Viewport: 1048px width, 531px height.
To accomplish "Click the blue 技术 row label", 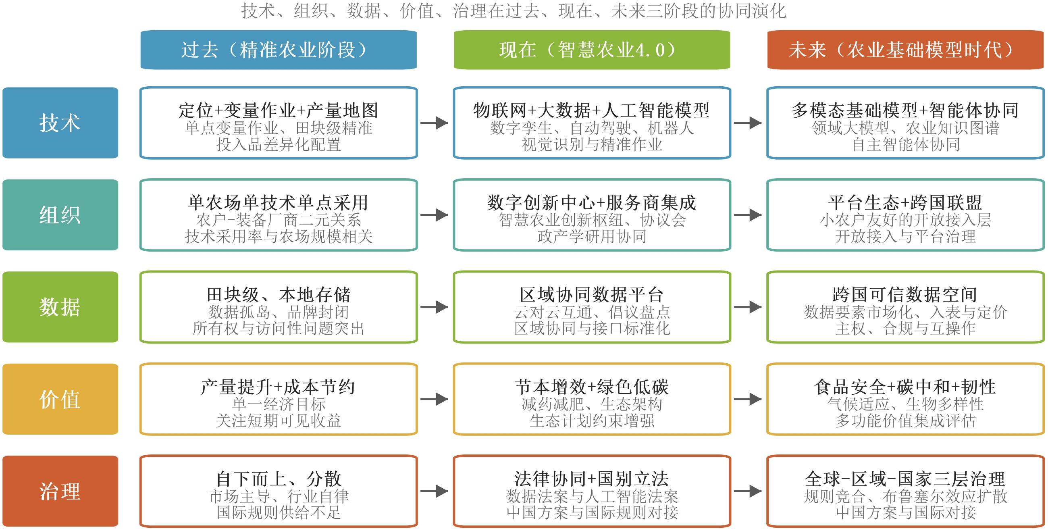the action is pos(60,123).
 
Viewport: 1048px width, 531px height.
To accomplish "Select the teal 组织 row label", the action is pos(60,215).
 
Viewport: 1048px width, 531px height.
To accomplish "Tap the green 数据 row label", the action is pos(60,307).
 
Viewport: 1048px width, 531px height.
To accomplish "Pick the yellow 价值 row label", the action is pos(60,399).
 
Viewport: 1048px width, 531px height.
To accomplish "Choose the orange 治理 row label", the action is pos(60,491).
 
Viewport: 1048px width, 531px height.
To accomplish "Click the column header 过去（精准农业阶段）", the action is pos(279,50).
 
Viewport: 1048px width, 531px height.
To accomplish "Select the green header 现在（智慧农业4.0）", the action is pos(592,50).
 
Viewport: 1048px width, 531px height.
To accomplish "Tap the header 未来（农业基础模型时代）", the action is pos(906,50).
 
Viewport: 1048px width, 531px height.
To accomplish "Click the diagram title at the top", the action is pos(514,10).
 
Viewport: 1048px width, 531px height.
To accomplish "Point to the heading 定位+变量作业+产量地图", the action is pos(279,110).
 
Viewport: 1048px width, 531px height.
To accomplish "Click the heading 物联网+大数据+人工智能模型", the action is pos(592,110).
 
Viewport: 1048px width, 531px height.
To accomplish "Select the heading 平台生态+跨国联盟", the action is pos(906,202).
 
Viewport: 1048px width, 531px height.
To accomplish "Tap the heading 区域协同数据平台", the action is pos(592,294).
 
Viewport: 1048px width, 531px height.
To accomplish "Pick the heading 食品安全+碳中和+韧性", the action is pos(906,387).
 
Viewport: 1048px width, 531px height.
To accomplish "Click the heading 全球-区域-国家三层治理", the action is pos(906,479).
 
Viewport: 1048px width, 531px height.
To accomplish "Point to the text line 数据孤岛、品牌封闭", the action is pos(279,312).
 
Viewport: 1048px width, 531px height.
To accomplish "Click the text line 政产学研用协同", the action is pos(592,236).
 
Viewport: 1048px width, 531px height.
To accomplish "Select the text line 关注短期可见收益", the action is pos(279,420).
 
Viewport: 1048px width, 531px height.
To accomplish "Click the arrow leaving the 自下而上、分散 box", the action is pos(435,491).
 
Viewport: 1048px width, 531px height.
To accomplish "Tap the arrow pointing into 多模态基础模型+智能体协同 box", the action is pos(748,123).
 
